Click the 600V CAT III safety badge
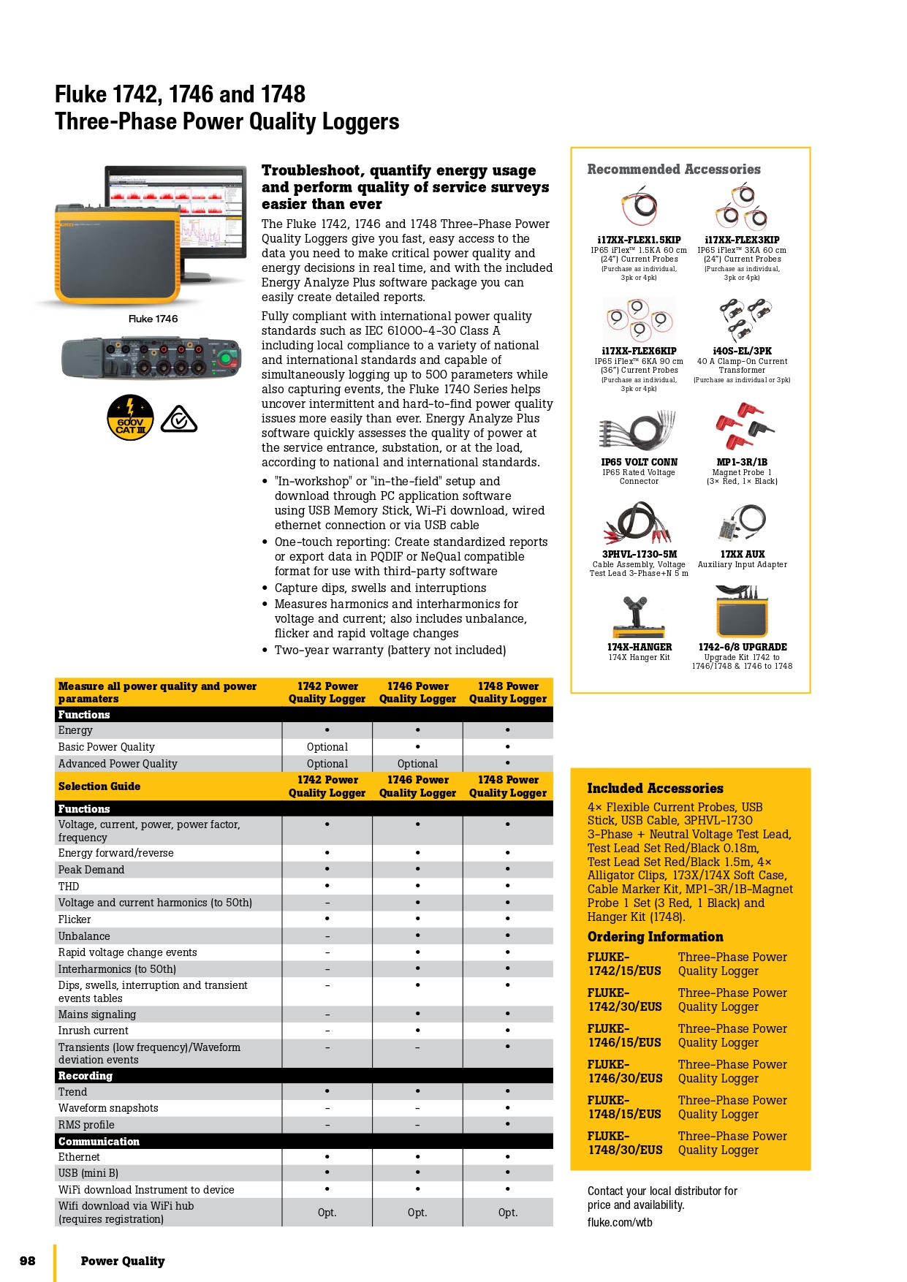[x=130, y=418]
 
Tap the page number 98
[x=28, y=1260]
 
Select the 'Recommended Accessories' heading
[x=673, y=170]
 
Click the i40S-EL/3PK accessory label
[x=742, y=351]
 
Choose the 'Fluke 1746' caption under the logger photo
[x=153, y=319]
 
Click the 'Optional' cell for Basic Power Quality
[x=327, y=747]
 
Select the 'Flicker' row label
[x=75, y=919]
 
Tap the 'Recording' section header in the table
[x=86, y=1076]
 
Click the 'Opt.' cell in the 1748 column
[x=507, y=1213]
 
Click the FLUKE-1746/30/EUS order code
[x=625, y=1072]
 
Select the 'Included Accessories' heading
[x=655, y=789]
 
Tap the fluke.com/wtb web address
[x=620, y=1222]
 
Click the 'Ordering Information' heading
[x=655, y=937]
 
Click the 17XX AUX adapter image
[x=743, y=522]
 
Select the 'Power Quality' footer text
[x=123, y=1261]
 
